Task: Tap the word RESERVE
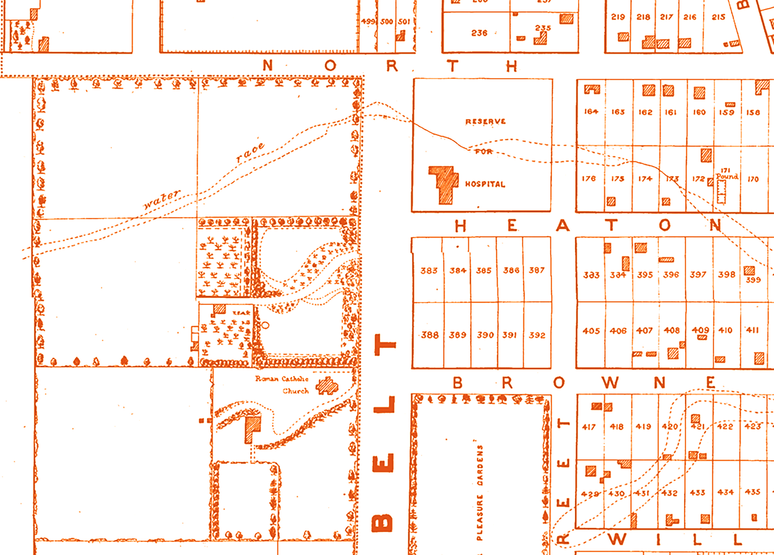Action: coord(485,121)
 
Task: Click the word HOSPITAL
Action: coord(485,184)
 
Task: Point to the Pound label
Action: coord(727,176)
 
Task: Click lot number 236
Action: coord(479,33)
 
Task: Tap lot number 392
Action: coord(537,335)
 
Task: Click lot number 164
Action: coord(591,111)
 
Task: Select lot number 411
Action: coord(752,330)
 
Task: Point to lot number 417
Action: coord(589,427)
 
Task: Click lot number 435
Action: coord(753,492)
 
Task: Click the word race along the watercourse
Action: coord(250,153)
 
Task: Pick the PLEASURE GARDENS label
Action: coord(480,492)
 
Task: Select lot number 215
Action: coord(718,17)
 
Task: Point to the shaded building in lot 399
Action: coord(749,271)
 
